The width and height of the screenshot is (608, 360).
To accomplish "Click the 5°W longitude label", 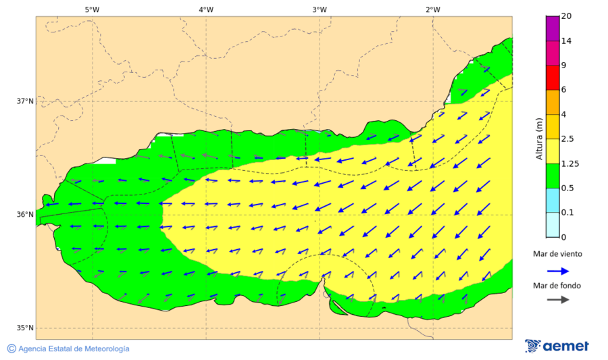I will point(93,9).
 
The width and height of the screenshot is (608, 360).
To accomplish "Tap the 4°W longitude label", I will point(206,9).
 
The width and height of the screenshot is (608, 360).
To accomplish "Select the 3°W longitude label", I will point(320,9).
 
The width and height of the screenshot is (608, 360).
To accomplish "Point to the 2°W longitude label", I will point(433,9).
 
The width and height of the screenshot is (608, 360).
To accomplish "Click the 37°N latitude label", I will point(25,101).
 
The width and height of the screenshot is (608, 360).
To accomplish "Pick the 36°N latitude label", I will point(25,215).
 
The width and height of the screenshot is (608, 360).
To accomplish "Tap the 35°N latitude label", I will point(25,328).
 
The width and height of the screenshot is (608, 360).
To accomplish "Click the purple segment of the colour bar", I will point(552,28).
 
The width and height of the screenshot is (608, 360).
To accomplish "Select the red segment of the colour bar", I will point(552,77).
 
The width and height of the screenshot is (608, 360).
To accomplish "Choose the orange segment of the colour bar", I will point(552,102).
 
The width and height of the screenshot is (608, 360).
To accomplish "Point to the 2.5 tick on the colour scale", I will point(567,139).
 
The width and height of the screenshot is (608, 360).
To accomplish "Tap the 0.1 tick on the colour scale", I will point(567,213).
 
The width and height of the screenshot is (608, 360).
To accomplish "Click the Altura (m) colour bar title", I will point(539,138).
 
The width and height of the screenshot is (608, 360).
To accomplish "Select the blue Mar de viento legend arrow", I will point(557,271).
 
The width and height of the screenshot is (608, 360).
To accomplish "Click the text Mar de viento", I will point(557,255).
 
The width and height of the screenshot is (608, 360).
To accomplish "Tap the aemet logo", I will point(557,346).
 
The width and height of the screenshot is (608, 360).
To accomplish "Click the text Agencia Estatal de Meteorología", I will point(74,349).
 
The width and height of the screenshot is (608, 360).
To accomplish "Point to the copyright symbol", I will point(11,349).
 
